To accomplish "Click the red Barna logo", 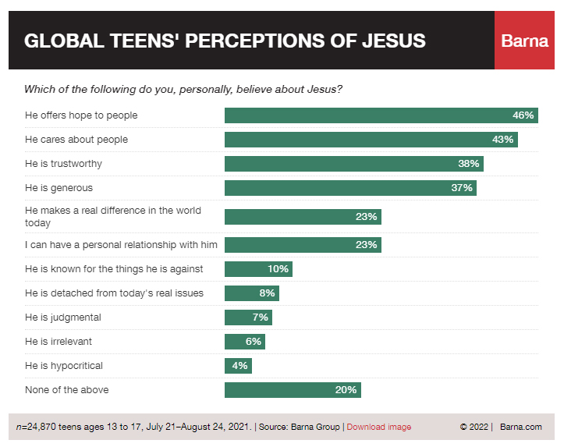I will pos(524,41).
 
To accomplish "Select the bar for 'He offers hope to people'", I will pos(381,115).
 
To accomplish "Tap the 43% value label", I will pos(503,140).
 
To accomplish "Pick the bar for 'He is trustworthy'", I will pos(353,164).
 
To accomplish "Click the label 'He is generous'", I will pos(59,188).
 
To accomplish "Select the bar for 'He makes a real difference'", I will pos(303,216).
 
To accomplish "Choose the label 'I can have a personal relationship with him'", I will pos(121,245).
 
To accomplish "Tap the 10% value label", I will pos(278,269).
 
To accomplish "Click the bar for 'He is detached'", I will pos(251,293).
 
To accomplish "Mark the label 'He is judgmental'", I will pos(63,318).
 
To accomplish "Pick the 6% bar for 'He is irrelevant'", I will pos(244,342).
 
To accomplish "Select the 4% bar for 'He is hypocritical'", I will pos(238,366).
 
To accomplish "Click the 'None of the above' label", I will pos(67,390).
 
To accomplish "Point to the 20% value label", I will pos(346,390).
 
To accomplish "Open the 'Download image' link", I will pos(378,427).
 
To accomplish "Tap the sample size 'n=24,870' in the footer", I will pos(39,427).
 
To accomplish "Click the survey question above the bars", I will pos(183,90).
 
